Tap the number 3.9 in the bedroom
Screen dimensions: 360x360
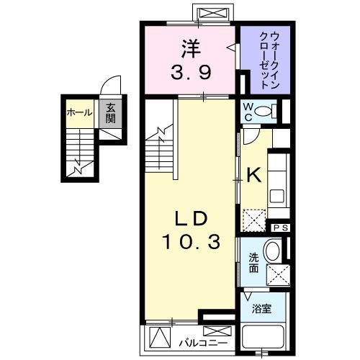coord(190,72)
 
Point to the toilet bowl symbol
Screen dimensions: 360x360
coord(264,111)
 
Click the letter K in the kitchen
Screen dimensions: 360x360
coord(253,175)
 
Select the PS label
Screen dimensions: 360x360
coord(281,228)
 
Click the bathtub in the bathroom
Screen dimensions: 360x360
coord(266,338)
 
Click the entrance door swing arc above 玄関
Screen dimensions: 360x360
coord(109,85)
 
